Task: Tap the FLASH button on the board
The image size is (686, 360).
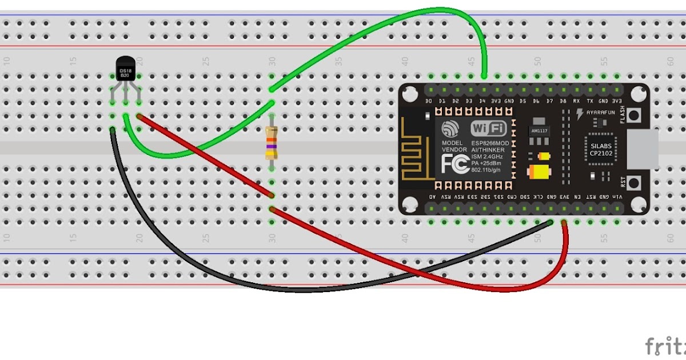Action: pyautogui.click(x=633, y=115)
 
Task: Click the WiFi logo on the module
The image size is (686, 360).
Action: pyautogui.click(x=488, y=128)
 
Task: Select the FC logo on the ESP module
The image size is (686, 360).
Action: pyautogui.click(x=455, y=164)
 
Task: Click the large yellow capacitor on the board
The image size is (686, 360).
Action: pyautogui.click(x=539, y=173)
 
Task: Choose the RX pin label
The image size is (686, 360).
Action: pyautogui.click(x=577, y=101)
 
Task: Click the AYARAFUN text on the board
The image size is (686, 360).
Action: pyautogui.click(x=600, y=113)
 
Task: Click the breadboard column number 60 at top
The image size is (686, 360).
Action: pyautogui.click(x=670, y=61)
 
